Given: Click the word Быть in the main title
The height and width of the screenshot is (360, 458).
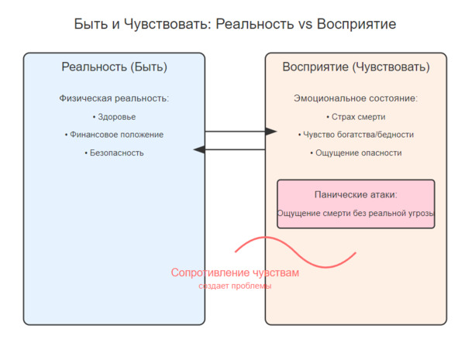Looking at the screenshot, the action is click(x=91, y=24).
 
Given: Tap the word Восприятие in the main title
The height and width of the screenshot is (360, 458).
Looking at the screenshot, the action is click(x=356, y=24).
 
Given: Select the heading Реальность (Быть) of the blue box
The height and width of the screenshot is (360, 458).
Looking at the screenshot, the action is click(x=114, y=67).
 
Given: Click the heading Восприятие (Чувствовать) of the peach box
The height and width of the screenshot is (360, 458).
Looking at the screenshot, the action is click(x=356, y=67).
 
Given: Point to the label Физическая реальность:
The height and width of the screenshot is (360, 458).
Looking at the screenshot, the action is click(x=114, y=98).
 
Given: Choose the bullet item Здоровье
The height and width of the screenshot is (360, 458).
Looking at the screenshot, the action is click(x=114, y=117).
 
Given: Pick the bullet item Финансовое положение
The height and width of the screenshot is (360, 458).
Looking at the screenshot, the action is click(x=114, y=135).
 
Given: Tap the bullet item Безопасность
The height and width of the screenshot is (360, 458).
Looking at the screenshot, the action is click(x=114, y=153).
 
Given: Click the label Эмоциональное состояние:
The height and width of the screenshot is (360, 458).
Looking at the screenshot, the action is click(x=356, y=98).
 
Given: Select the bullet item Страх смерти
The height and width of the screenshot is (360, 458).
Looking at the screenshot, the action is click(x=356, y=117).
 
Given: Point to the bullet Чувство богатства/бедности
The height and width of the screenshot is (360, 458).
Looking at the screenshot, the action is click(x=356, y=135).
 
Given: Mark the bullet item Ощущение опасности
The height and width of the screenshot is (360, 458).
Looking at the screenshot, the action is click(x=356, y=153).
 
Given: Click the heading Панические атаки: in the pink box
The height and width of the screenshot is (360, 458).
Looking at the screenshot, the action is click(x=356, y=194).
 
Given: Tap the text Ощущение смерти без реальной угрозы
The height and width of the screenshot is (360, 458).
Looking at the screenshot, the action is click(x=356, y=213).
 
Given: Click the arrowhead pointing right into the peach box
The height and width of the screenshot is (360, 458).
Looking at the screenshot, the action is click(x=271, y=132).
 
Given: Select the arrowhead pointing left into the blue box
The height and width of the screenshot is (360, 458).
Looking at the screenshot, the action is click(x=199, y=149).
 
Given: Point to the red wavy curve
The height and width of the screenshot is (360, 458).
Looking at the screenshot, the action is click(x=295, y=252).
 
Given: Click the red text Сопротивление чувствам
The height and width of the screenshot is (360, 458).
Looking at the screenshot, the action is click(x=235, y=273).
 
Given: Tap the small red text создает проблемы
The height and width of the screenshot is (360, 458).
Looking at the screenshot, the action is click(x=235, y=286).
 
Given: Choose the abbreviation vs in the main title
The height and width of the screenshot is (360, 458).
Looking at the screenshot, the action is click(x=305, y=25).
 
